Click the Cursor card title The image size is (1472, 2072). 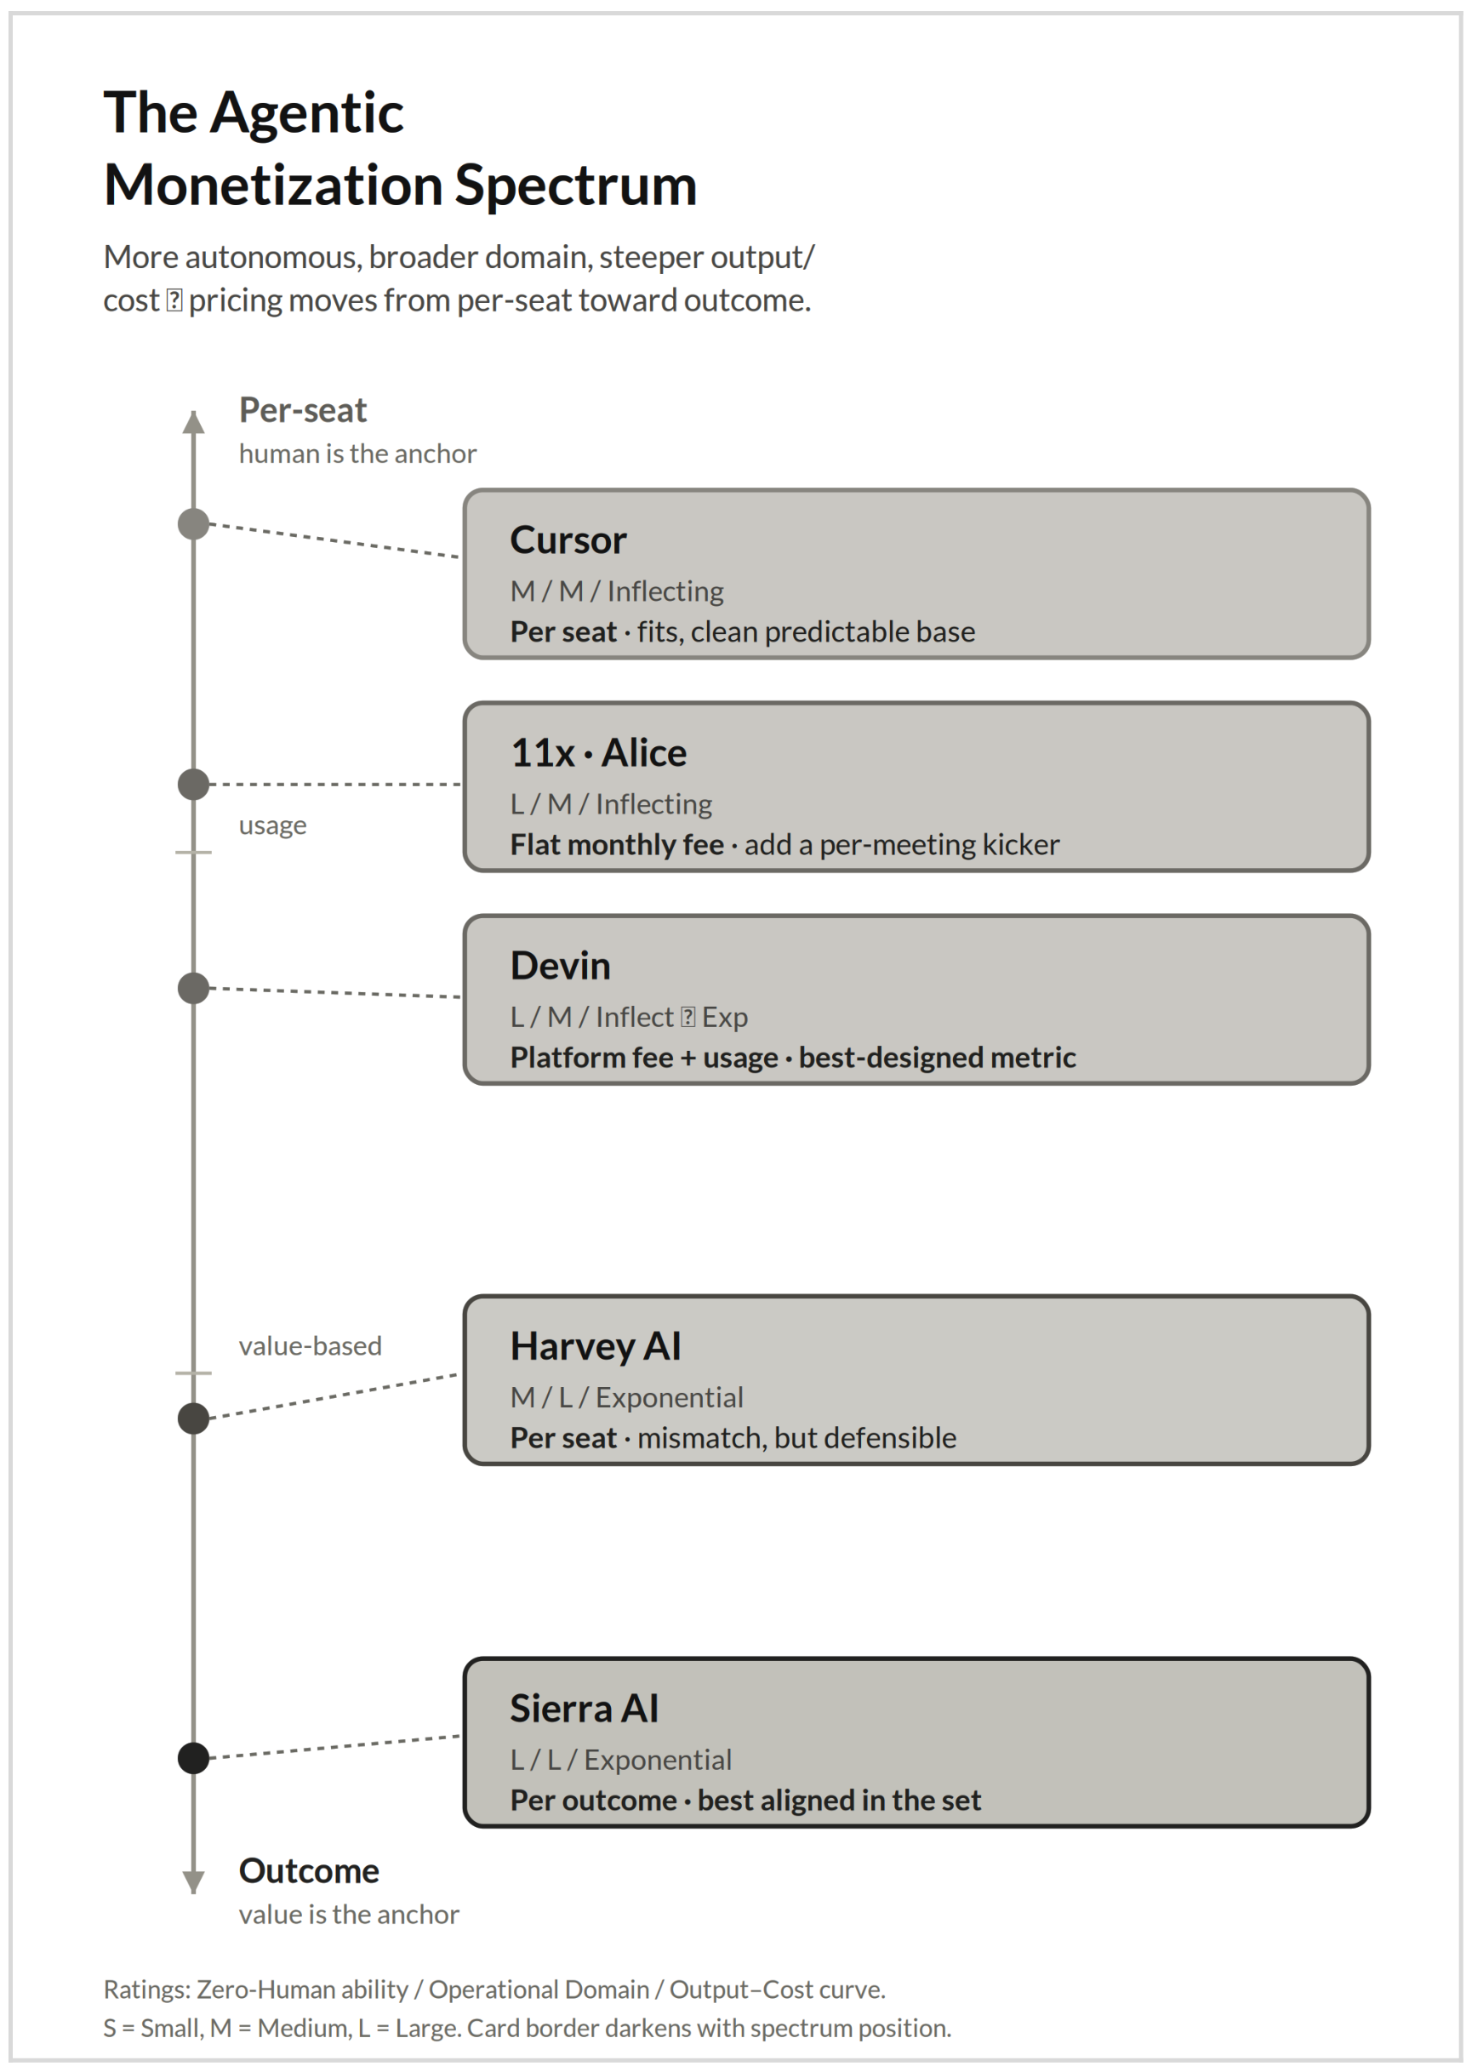click(568, 540)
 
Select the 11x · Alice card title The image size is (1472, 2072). click(598, 753)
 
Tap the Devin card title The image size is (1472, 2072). click(560, 966)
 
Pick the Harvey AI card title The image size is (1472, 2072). click(596, 1347)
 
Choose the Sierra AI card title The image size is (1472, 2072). click(585, 1710)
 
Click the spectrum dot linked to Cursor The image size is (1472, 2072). click(193, 524)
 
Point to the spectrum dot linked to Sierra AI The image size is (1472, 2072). click(193, 1758)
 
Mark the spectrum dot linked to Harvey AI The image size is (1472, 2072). click(193, 1418)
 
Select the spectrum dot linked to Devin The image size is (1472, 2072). click(193, 988)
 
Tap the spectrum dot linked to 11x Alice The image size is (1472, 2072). click(193, 784)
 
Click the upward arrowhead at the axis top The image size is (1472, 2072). click(193, 421)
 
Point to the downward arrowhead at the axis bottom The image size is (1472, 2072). click(193, 1882)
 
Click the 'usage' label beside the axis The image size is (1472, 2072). click(273, 825)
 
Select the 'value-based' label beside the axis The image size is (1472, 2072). click(310, 1346)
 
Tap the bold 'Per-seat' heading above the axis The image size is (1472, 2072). click(303, 411)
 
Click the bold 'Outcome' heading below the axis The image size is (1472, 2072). click(309, 1871)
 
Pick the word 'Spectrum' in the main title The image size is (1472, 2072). click(575, 186)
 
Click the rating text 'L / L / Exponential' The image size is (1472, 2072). click(621, 1761)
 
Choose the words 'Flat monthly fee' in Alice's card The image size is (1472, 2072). click(617, 845)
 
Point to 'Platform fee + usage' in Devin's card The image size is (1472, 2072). click(644, 1058)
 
